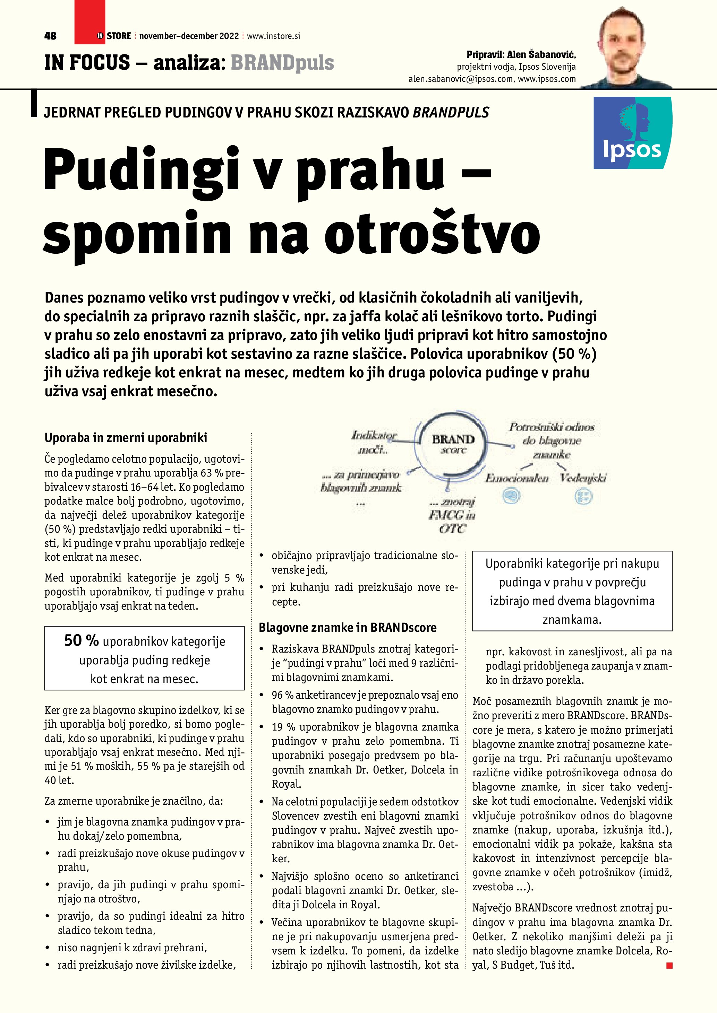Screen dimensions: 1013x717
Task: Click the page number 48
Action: [x=50, y=36]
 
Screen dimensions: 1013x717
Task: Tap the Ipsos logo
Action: [x=632, y=133]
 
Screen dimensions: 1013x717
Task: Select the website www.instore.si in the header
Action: [x=273, y=36]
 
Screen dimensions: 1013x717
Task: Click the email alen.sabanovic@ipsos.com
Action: [x=461, y=79]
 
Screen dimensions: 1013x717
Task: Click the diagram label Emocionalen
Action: [x=517, y=478]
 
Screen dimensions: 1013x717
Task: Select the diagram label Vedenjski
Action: [x=583, y=478]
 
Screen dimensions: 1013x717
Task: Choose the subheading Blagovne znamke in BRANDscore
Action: [x=348, y=627]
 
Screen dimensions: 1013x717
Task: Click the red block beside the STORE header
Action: [x=89, y=22]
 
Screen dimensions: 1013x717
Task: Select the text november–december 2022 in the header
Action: [x=189, y=36]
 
